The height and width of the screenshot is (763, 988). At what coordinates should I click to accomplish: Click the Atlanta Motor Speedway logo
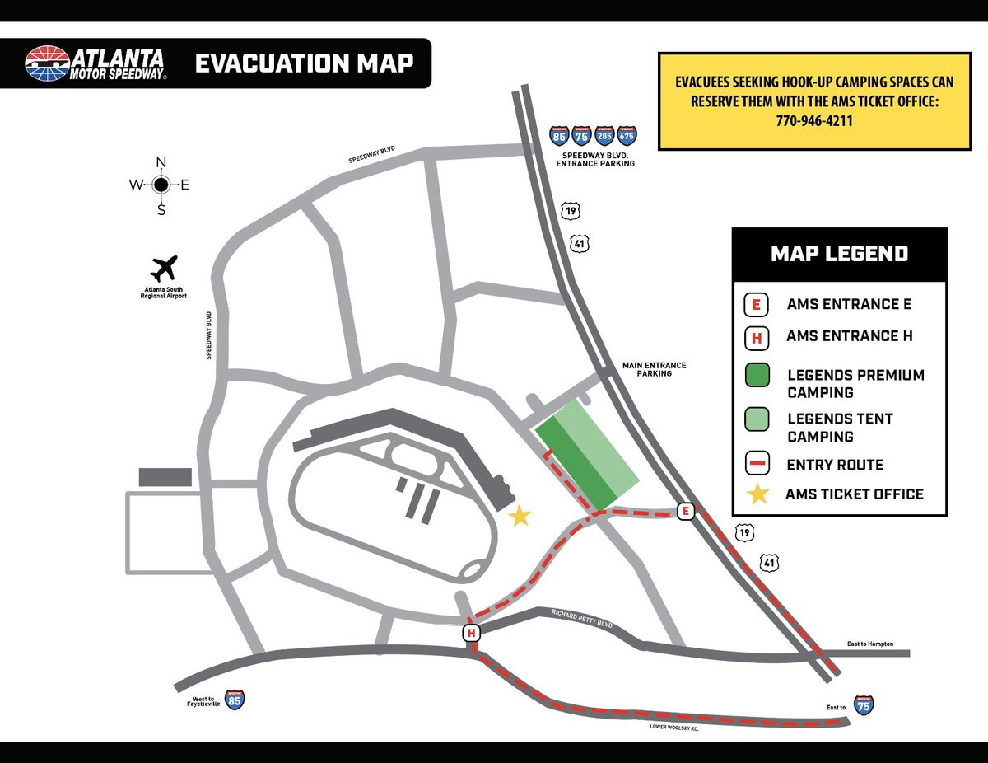tap(96, 63)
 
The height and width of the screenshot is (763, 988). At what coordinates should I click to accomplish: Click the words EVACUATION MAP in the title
tap(304, 63)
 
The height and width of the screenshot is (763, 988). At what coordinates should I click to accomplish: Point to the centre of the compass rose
tap(161, 185)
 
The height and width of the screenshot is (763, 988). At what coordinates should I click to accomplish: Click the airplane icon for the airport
tap(165, 269)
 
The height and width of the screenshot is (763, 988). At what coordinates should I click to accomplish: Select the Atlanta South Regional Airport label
tap(165, 292)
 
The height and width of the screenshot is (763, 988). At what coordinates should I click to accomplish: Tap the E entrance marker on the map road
tap(684, 511)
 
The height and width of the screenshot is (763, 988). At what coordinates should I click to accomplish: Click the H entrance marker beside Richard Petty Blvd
tap(472, 633)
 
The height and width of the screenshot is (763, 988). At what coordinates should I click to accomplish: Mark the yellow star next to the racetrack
tap(520, 517)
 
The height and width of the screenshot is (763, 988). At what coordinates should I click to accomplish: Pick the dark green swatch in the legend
tap(756, 375)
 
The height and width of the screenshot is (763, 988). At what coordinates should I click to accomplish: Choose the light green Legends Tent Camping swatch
tap(756, 419)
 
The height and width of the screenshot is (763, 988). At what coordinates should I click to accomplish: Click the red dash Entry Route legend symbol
tap(756, 464)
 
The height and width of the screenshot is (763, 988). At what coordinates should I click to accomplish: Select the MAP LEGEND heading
tap(839, 254)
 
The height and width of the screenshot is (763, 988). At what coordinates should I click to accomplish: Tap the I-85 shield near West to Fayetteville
tap(235, 700)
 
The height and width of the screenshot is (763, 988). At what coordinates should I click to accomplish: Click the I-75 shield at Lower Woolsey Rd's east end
tap(864, 704)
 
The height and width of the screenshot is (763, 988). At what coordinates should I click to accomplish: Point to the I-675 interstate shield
tap(627, 136)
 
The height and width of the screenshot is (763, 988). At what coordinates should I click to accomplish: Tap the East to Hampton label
tap(869, 644)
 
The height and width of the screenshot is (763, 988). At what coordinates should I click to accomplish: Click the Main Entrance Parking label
tap(654, 369)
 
